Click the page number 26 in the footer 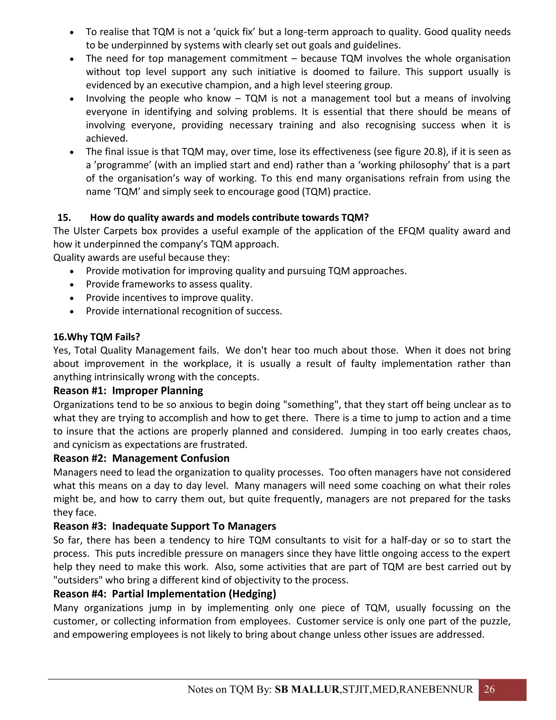(489, 689)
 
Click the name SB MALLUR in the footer (307, 689)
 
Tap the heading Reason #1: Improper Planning (128, 390)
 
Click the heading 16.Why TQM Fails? (96, 337)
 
